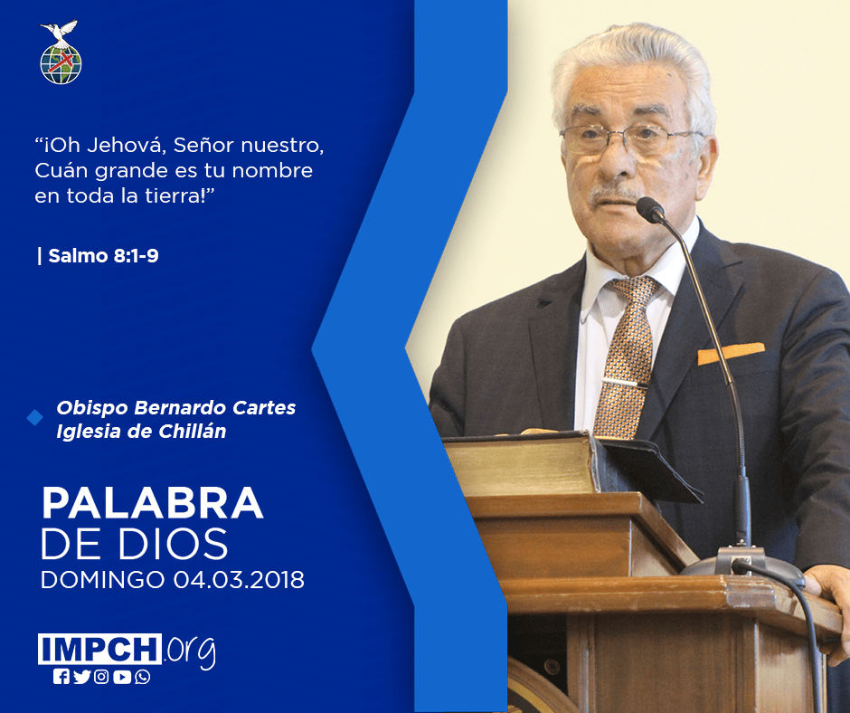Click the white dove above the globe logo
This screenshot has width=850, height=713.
pyautogui.click(x=59, y=32)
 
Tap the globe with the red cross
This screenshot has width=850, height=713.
pyautogui.click(x=61, y=64)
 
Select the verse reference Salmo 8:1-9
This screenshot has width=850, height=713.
pyautogui.click(x=103, y=255)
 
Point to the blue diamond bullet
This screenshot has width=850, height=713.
pyautogui.click(x=34, y=417)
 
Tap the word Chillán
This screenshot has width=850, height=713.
pyautogui.click(x=192, y=432)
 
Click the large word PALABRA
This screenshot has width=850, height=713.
pyautogui.click(x=152, y=504)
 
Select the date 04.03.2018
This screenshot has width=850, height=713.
pyautogui.click(x=239, y=580)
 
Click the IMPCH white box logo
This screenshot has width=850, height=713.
pyautogui.click(x=99, y=649)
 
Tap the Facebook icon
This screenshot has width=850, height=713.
pyautogui.click(x=61, y=677)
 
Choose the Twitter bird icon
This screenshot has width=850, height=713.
pyautogui.click(x=82, y=677)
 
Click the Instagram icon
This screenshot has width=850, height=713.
pyautogui.click(x=101, y=677)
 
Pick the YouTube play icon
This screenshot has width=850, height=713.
pyautogui.click(x=122, y=677)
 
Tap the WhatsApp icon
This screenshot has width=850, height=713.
pyautogui.click(x=143, y=677)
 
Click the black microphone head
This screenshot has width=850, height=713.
pyautogui.click(x=650, y=209)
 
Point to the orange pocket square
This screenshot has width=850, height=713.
pyautogui.click(x=731, y=353)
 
